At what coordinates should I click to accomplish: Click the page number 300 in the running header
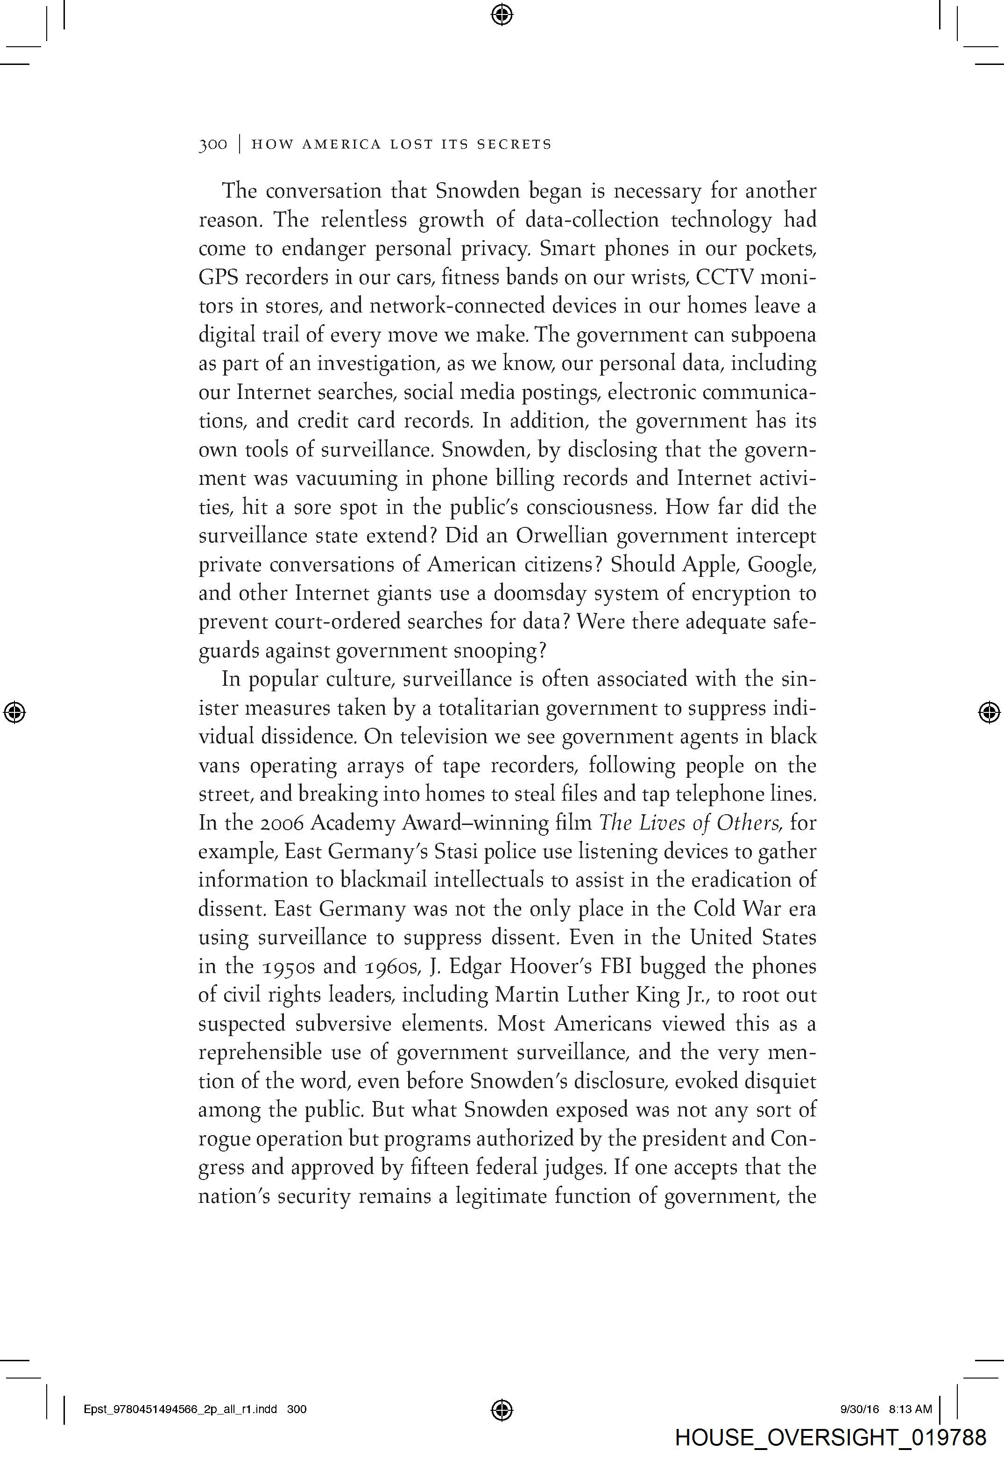(212, 145)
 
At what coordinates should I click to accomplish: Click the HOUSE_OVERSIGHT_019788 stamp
(830, 1437)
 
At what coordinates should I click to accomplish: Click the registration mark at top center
(502, 14)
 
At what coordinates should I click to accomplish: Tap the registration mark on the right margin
(990, 712)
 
